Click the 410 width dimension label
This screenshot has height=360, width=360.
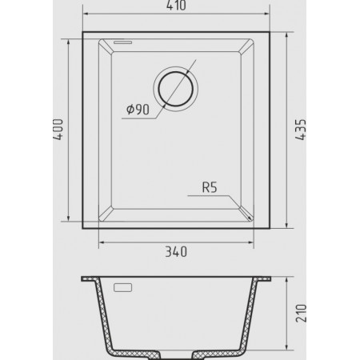point(176,6)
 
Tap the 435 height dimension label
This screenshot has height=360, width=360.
point(301,130)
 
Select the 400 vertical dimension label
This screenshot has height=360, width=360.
point(58,130)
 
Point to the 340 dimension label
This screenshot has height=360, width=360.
point(176,252)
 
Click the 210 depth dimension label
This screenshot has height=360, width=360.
point(301,313)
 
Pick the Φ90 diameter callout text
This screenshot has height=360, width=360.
point(138,110)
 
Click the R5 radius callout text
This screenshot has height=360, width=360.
point(210,187)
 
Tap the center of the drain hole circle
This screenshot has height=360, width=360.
point(176,89)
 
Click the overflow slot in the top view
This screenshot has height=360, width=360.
point(123,42)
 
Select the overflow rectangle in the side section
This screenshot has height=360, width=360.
point(123,287)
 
